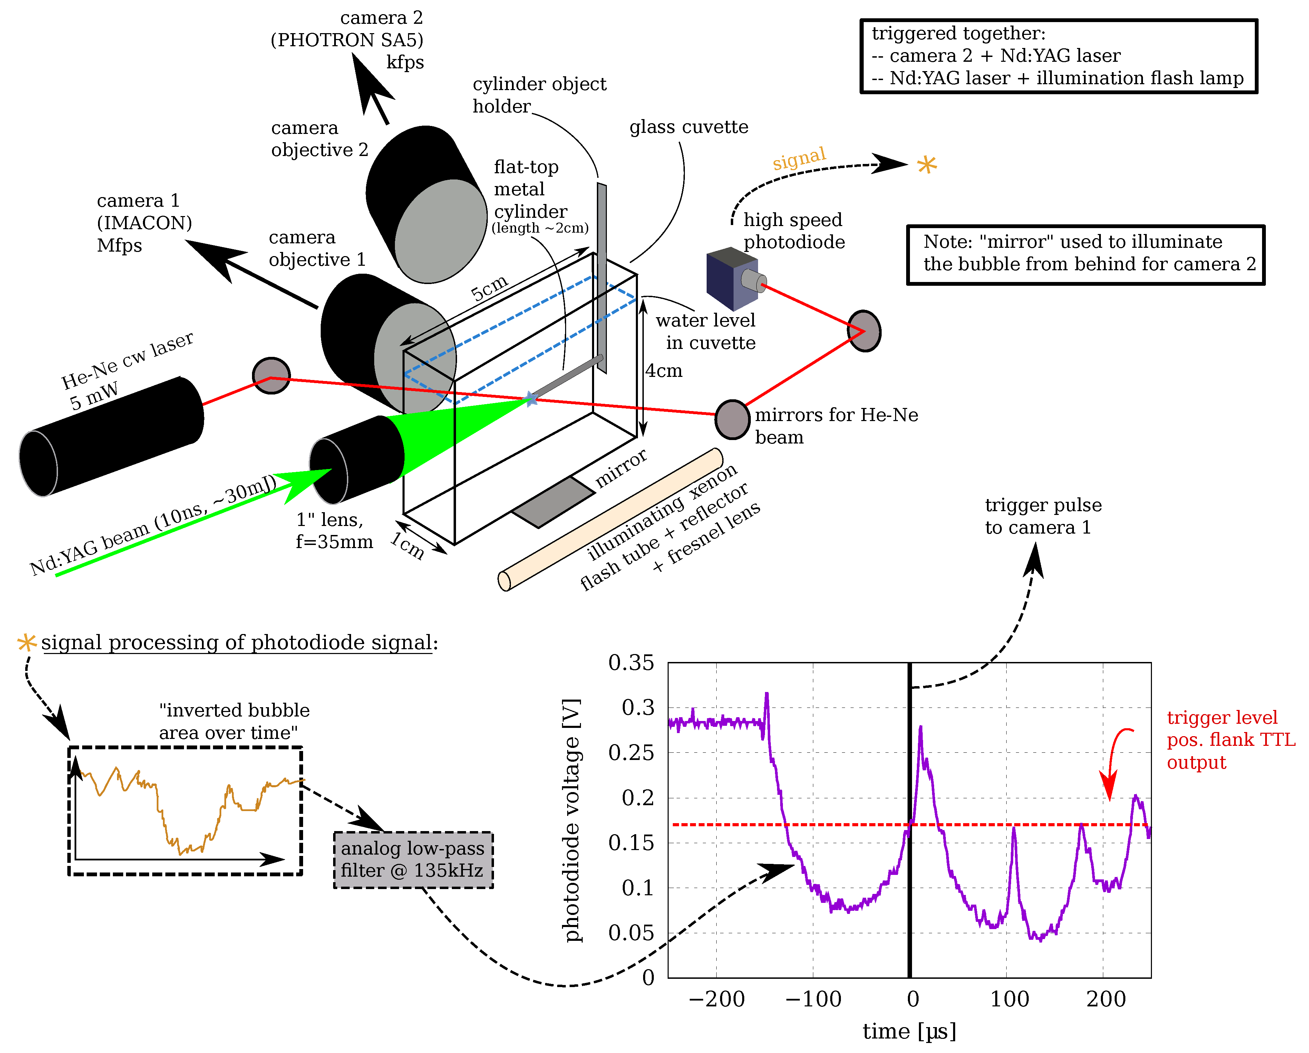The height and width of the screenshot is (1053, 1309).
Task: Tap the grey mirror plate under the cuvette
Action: [x=553, y=502]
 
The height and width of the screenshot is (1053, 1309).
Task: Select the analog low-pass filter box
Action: [x=413, y=859]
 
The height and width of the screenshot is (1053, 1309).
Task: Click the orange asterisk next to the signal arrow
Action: [x=927, y=165]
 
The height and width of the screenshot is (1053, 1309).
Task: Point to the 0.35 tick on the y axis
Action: [x=631, y=662]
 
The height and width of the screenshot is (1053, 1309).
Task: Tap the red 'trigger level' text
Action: [x=1222, y=718]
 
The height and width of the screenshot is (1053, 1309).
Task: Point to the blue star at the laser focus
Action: [x=531, y=399]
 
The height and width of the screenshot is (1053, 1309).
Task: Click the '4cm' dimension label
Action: [x=663, y=371]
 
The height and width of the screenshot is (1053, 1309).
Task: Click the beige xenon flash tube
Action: [x=610, y=519]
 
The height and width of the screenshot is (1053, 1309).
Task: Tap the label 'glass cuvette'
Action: [x=688, y=127]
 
